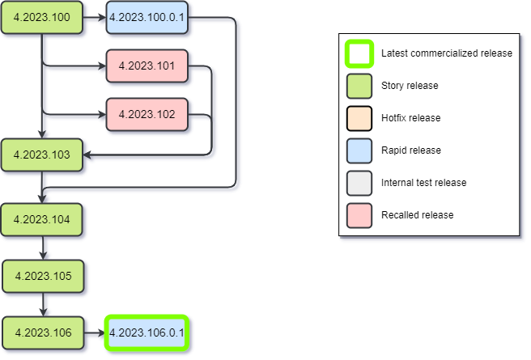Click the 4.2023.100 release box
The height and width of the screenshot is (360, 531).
(x=42, y=17)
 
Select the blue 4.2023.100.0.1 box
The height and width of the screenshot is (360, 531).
(x=147, y=17)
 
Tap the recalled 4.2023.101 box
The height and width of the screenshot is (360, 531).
(x=147, y=66)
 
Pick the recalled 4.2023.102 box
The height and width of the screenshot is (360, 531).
(x=147, y=114)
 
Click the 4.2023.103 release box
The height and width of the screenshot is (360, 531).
(x=42, y=154)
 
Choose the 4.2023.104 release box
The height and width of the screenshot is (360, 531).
(x=42, y=219)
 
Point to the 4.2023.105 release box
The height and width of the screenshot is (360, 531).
(x=43, y=276)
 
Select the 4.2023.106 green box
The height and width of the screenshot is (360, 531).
(x=43, y=332)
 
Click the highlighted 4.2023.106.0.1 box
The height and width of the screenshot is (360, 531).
(x=147, y=332)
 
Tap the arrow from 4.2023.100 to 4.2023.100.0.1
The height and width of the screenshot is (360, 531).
(x=94, y=17)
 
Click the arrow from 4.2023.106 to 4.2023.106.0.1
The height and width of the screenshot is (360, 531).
(x=94, y=332)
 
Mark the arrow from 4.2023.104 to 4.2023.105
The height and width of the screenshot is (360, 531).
(x=43, y=248)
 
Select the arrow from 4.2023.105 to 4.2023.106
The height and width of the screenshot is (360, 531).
(x=43, y=304)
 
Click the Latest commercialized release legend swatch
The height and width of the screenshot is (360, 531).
(x=359, y=53)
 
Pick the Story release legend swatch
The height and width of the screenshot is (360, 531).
(x=359, y=86)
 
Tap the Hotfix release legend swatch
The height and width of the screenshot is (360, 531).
(x=359, y=118)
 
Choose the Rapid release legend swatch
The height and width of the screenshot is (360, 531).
(x=359, y=150)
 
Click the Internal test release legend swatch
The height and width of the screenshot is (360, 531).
(x=359, y=183)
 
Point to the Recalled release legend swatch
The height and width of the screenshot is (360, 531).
(x=359, y=215)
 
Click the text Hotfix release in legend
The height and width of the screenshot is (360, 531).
(x=410, y=118)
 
